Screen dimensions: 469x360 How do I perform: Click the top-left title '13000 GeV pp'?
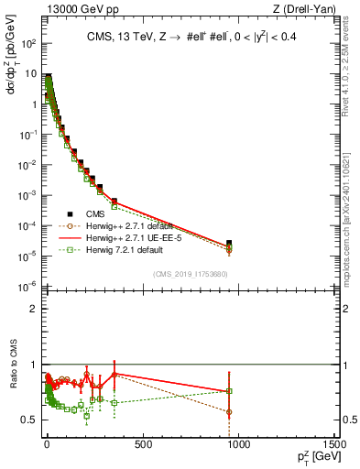[75, 9]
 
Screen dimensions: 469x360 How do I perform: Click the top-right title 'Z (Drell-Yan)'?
[306, 9]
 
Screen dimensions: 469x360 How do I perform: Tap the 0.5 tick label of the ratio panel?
[31, 420]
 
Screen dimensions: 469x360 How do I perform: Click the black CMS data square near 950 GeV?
[229, 243]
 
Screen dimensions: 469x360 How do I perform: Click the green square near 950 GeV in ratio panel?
[229, 391]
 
